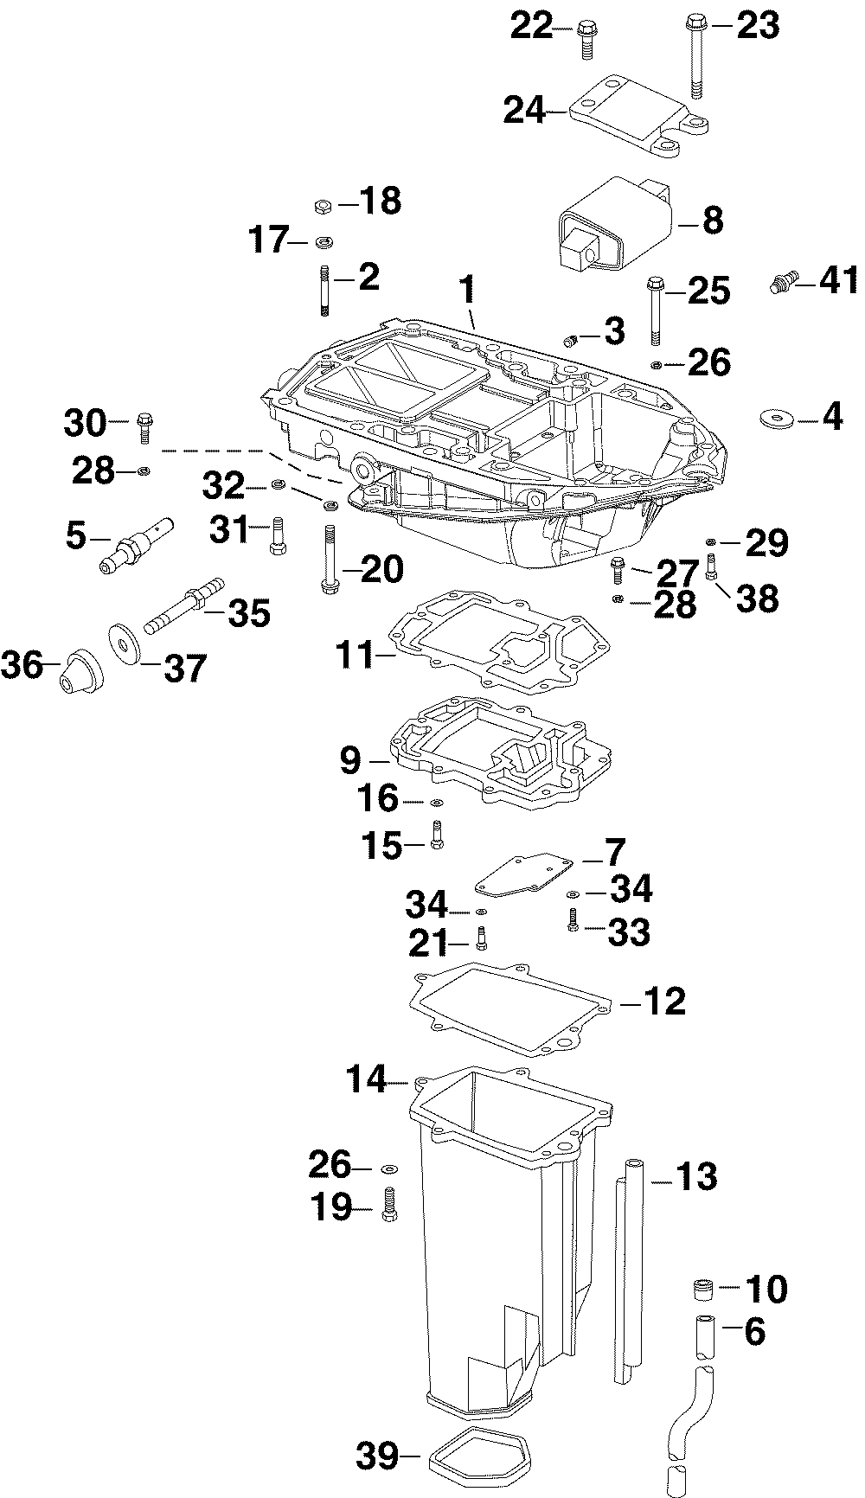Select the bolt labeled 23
tap(697, 55)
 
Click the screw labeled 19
tap(389, 1204)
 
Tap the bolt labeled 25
tap(657, 310)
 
